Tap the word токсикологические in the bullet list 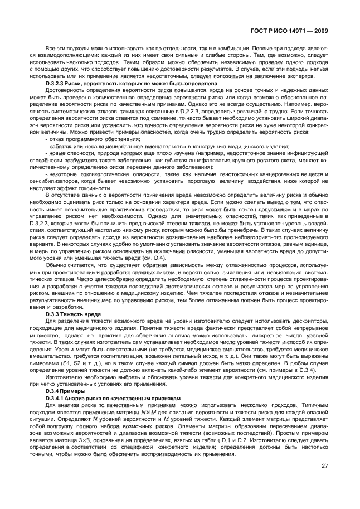pyautogui.click(x=97, y=174)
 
